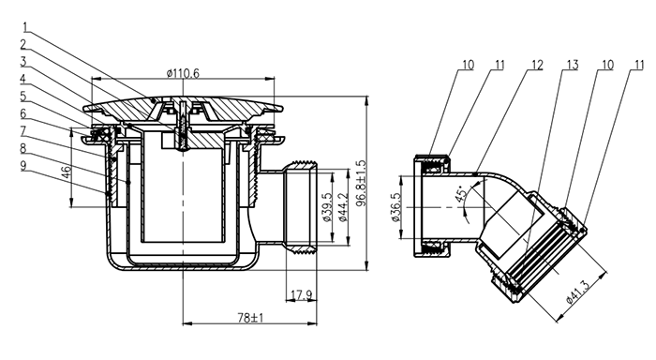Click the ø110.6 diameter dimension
(183, 73)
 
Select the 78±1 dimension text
(250, 318)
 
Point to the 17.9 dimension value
(301, 295)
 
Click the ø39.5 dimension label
(327, 207)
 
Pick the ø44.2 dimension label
(342, 207)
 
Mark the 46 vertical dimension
(67, 172)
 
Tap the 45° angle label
(461, 194)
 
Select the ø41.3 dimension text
(578, 291)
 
